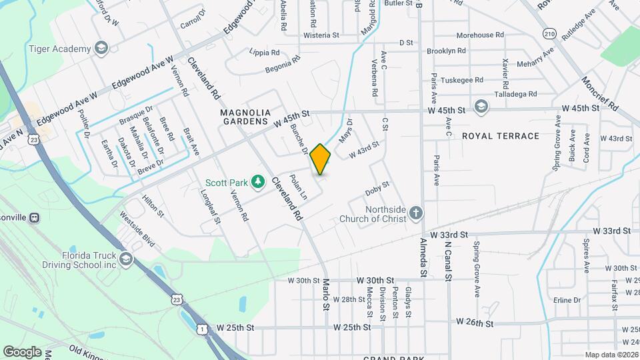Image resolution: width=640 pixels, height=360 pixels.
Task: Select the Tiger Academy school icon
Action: tap(101, 49)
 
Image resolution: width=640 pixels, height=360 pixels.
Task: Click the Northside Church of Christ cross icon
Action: tap(415, 213)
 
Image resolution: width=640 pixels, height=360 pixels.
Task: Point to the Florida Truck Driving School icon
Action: tap(126, 259)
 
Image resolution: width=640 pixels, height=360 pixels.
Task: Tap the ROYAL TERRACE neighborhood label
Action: tap(500, 136)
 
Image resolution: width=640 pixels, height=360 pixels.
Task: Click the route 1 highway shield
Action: tap(202, 329)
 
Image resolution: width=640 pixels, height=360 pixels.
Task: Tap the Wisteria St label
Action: tap(321, 35)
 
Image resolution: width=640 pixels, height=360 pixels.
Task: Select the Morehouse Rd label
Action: tap(479, 35)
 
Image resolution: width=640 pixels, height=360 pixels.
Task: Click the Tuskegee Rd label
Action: tap(462, 79)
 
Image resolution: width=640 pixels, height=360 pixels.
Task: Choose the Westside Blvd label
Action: tap(136, 230)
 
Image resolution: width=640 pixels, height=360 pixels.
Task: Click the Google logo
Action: tap(23, 351)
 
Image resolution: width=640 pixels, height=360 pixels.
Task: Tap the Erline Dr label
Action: tap(567, 300)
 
